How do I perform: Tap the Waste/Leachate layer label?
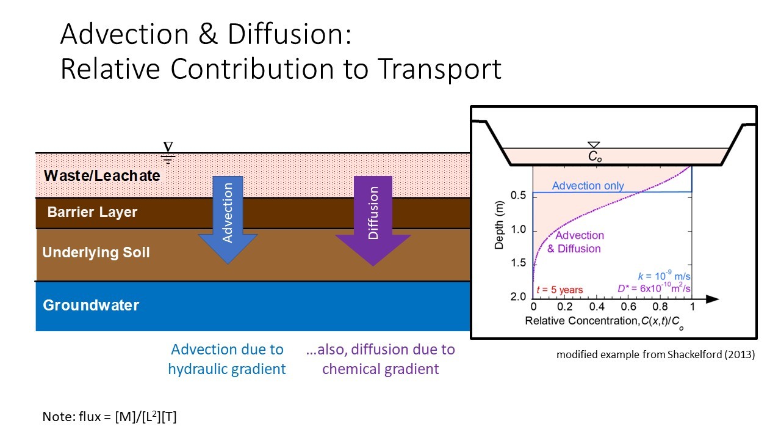coord(102,176)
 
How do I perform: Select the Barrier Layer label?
coord(92,213)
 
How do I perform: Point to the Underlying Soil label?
coord(96,252)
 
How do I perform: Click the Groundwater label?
coord(91,305)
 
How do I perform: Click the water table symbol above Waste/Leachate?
coord(168,150)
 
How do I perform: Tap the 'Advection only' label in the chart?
coord(588,185)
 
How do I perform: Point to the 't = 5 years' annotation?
coord(558,290)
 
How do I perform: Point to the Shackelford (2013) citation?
coord(655,354)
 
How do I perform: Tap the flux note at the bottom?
coord(110,417)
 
